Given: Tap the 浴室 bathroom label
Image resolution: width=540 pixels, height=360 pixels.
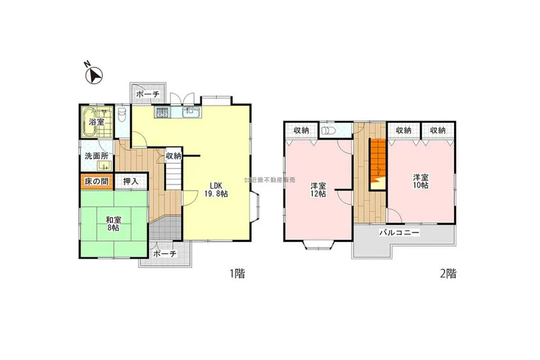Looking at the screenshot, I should pyautogui.click(x=96, y=122).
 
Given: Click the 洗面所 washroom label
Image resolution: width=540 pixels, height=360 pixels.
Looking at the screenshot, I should pyautogui.click(x=97, y=156).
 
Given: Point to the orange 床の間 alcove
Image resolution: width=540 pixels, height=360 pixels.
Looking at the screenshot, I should pyautogui.click(x=95, y=181).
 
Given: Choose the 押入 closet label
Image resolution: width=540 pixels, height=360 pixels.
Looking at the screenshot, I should pyautogui.click(x=131, y=181).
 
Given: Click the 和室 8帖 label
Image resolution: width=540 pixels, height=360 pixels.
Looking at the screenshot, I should pyautogui.click(x=113, y=224).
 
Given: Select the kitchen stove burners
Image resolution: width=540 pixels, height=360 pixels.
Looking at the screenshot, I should pyautogui.click(x=161, y=112).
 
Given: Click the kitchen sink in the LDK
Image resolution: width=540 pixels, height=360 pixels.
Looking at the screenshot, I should pyautogui.click(x=190, y=112).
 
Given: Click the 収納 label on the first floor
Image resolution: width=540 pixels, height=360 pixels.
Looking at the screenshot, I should pyautogui.click(x=173, y=156).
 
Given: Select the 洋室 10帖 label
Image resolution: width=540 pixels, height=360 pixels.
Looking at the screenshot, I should pyautogui.click(x=420, y=182).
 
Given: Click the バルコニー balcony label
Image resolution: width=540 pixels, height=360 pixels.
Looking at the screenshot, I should pyautogui.click(x=399, y=232).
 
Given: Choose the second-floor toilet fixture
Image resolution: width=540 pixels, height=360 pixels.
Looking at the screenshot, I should pyautogui.click(x=328, y=130).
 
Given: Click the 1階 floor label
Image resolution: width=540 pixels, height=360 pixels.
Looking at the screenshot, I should pyautogui.click(x=236, y=273).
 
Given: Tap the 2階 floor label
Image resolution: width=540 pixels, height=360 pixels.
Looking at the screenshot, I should pyautogui.click(x=448, y=273).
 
